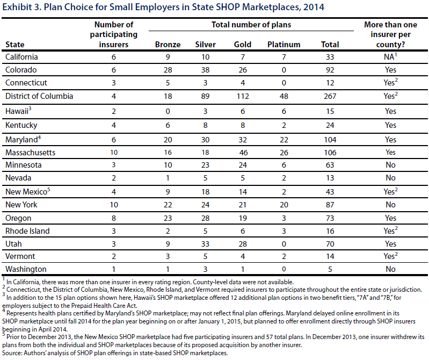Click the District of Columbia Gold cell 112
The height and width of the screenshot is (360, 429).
(x=243, y=96)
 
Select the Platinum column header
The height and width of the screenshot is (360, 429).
(x=283, y=45)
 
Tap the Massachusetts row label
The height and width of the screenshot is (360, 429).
(x=31, y=153)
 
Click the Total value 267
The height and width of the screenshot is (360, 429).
(x=330, y=96)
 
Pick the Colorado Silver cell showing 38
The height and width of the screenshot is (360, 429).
(x=205, y=70)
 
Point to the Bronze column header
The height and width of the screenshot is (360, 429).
(x=168, y=45)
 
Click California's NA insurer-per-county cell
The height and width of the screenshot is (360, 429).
(x=390, y=56)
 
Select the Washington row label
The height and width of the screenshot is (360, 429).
(x=26, y=269)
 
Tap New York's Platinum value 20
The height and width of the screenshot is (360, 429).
(x=283, y=205)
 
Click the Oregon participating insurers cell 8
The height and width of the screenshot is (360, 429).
(x=114, y=218)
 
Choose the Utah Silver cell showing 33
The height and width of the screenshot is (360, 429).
(x=205, y=244)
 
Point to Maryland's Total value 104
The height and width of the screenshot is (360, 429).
(x=330, y=140)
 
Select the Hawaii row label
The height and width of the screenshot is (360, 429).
(x=18, y=111)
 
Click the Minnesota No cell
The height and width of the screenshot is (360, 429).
(x=390, y=165)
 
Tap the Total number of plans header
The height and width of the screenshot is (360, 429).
(x=251, y=25)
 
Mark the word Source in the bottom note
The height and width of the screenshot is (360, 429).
(x=12, y=353)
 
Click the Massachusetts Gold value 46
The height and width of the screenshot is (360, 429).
(x=243, y=153)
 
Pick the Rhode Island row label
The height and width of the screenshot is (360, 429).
(x=27, y=231)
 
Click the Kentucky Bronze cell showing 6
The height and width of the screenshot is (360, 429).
(x=168, y=125)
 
